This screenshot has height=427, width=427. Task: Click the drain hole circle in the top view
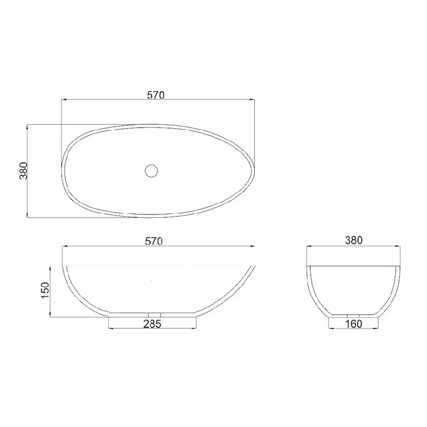(152, 171)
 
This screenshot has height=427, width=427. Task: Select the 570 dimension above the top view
(156, 95)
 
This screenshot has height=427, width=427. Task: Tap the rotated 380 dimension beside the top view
(24, 171)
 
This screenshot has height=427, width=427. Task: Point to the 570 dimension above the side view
(154, 241)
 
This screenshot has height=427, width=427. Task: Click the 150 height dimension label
(45, 290)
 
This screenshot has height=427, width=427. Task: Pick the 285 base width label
(152, 324)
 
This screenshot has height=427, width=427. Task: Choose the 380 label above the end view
(354, 240)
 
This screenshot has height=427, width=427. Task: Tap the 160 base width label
(354, 324)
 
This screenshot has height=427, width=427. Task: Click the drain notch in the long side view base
(154, 315)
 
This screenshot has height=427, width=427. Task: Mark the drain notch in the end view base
(353, 316)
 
